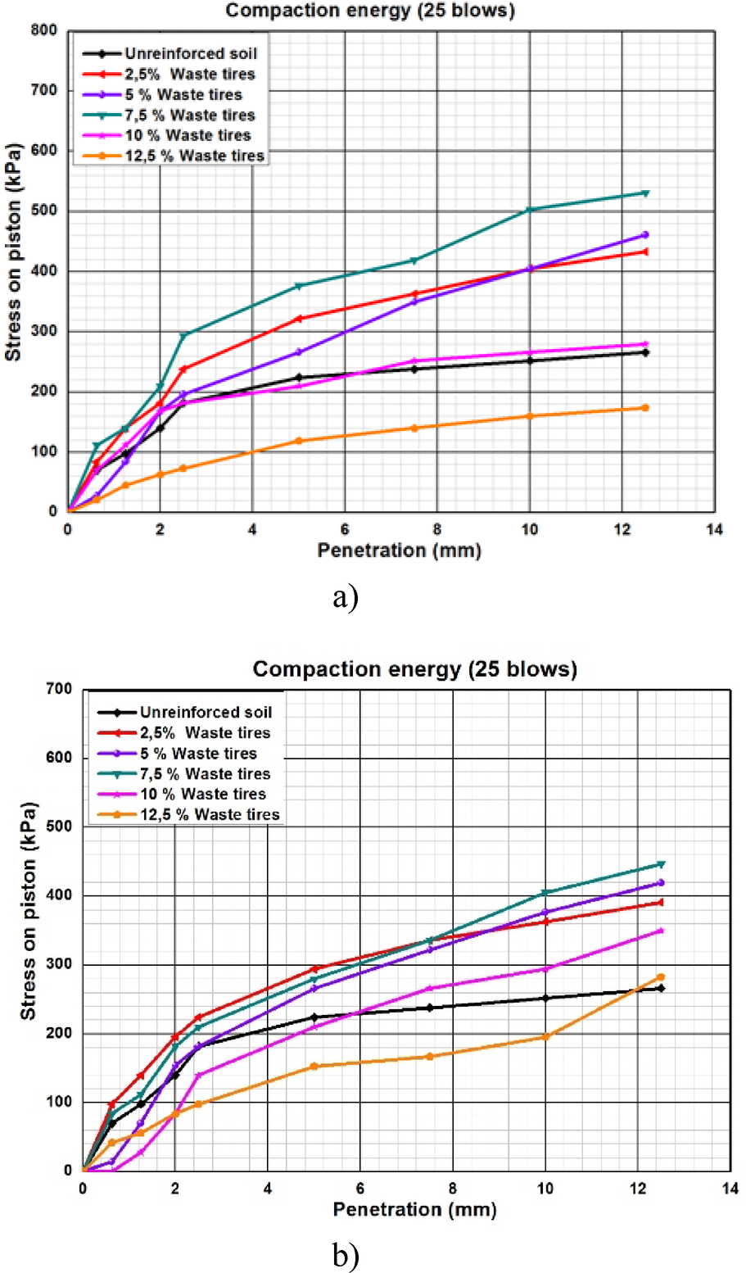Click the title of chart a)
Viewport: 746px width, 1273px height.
coord(370,11)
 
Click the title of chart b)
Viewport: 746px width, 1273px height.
coord(414,669)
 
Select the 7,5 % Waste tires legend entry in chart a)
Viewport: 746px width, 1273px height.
coord(189,115)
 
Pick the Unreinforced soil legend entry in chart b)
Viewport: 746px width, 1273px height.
coord(205,713)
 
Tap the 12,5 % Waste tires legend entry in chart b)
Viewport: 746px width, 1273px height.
coord(209,814)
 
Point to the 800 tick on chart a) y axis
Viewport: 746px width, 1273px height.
coord(44,31)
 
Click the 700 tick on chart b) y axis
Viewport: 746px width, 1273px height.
coord(60,689)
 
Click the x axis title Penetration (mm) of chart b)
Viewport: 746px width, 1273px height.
coord(414,1209)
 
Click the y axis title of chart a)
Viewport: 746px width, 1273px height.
coord(13,252)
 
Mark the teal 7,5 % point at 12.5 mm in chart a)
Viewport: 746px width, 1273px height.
coord(645,193)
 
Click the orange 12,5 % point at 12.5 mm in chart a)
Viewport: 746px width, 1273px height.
coord(645,407)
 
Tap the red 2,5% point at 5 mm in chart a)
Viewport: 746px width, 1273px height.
coord(299,318)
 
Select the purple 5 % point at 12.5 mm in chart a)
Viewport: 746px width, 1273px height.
coord(645,235)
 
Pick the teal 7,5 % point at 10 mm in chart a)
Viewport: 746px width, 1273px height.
coord(529,210)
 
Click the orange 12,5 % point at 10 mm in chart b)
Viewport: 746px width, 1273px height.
coord(545,1037)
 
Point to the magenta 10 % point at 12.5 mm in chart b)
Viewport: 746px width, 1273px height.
coord(661,931)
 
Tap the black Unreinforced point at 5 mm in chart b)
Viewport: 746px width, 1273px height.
coord(314,1017)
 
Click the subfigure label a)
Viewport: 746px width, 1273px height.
coord(346,598)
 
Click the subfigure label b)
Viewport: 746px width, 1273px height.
coord(346,1256)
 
